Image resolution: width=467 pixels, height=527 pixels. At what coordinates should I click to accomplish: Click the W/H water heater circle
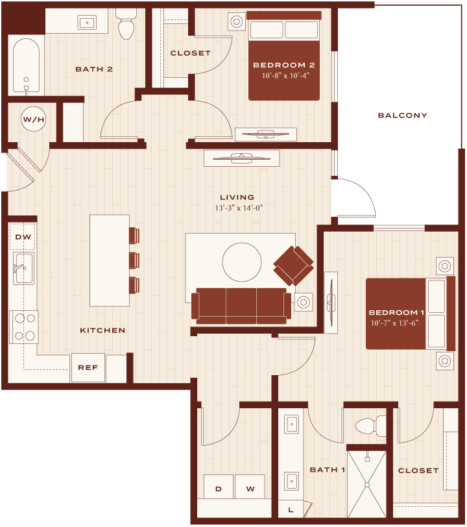click(34, 119)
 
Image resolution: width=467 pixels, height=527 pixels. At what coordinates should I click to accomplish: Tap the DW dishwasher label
click(23, 237)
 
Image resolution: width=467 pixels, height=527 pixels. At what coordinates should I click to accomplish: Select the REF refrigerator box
click(88, 368)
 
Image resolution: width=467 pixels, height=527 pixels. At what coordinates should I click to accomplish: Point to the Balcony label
click(402, 116)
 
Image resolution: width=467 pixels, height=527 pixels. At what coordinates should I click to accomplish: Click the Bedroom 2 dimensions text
click(285, 75)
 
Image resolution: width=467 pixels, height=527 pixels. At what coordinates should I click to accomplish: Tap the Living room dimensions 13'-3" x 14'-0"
click(239, 208)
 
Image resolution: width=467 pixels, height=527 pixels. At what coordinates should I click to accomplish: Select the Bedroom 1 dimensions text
click(394, 323)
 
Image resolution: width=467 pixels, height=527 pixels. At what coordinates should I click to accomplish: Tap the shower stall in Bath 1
click(367, 484)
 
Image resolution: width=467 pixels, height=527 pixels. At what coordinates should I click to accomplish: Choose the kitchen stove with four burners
click(24, 327)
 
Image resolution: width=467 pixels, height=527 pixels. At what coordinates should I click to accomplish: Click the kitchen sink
click(23, 268)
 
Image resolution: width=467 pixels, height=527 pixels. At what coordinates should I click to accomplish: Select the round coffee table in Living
click(241, 262)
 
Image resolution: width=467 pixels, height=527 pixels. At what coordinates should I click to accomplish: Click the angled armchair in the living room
click(294, 266)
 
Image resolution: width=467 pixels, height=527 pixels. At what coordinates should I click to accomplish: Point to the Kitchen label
click(102, 330)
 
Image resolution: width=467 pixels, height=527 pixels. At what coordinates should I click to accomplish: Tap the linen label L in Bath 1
click(291, 510)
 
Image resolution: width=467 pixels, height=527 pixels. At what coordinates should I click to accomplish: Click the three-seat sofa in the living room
click(241, 306)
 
